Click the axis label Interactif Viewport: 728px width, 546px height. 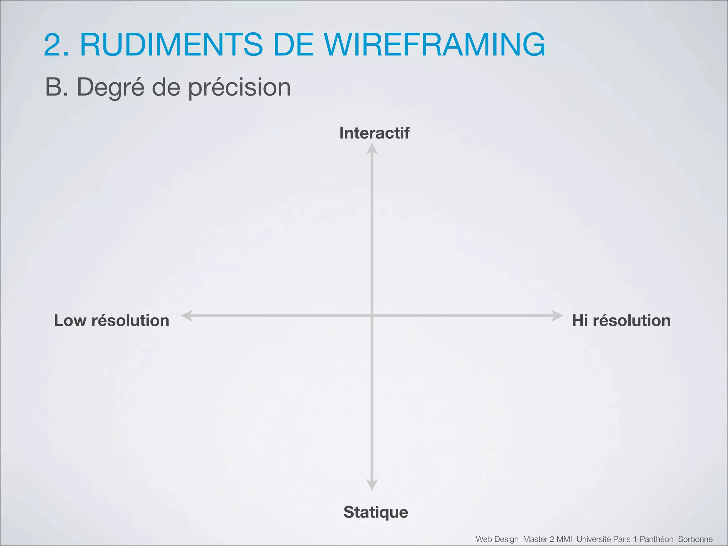pyautogui.click(x=374, y=133)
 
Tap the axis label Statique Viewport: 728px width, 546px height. pyautogui.click(x=376, y=512)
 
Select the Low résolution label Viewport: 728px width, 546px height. pyautogui.click(x=111, y=321)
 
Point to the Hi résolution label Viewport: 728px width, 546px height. pyautogui.click(x=621, y=321)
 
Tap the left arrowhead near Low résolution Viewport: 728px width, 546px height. pyautogui.click(x=187, y=316)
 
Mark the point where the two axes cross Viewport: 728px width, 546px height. pyautogui.click(x=372, y=316)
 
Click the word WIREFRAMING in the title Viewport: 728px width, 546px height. pyautogui.click(x=434, y=45)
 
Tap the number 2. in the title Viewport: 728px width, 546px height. pyautogui.click(x=57, y=45)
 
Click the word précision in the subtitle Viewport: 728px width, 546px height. pyautogui.click(x=239, y=87)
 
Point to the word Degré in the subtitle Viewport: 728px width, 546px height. pyautogui.click(x=111, y=87)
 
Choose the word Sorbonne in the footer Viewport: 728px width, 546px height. pyautogui.click(x=695, y=539)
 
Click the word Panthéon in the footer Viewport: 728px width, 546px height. pyautogui.click(x=656, y=539)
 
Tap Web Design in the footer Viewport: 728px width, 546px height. pyautogui.click(x=497, y=539)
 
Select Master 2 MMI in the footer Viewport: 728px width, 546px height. pyautogui.click(x=547, y=539)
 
